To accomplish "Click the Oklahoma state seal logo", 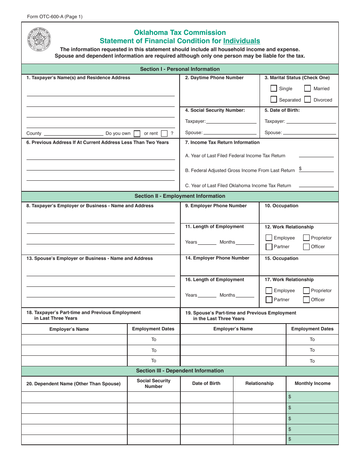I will pyautogui.click(x=39, y=39).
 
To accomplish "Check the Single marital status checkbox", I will pyautogui.click(x=274, y=88).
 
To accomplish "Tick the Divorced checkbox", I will pyautogui.click(x=307, y=100).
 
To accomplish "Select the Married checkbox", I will pyautogui.click(x=307, y=88).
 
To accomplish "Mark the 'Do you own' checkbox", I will pyautogui.click(x=137, y=133).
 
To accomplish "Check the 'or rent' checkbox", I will pyautogui.click(x=164, y=133).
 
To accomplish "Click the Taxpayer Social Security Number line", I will pyautogui.click(x=231, y=121).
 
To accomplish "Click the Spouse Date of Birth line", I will pyautogui.click(x=309, y=133).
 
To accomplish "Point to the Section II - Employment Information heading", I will pyautogui.click(x=180, y=196).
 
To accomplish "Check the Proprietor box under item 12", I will pyautogui.click(x=306, y=238).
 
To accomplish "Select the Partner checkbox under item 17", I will pyautogui.click(x=269, y=300).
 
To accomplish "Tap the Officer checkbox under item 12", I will pyautogui.click(x=306, y=247).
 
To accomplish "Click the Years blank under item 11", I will pyautogui.click(x=207, y=242).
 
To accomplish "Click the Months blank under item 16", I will pyautogui.click(x=245, y=295).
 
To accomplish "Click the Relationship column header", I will pyautogui.click(x=259, y=383).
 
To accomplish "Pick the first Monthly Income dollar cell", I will pyautogui.click(x=312, y=397).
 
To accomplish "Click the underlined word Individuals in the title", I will pyautogui.click(x=241, y=41).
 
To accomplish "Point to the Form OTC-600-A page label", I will pyautogui.click(x=55, y=17).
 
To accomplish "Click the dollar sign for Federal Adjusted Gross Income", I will pyautogui.click(x=300, y=169).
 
